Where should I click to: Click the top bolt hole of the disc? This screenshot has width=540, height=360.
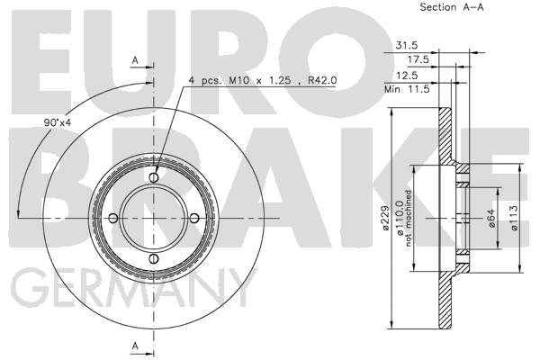[154, 177]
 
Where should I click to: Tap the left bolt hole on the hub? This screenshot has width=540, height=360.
[113, 218]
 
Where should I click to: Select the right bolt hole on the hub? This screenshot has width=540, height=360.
[194, 218]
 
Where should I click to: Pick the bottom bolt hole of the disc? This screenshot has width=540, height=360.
[154, 258]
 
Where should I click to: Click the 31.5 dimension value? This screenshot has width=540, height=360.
[407, 45]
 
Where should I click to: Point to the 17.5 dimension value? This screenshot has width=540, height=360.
[418, 59]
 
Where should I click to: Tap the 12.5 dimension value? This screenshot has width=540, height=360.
[407, 75]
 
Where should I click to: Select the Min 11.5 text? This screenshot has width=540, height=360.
[407, 90]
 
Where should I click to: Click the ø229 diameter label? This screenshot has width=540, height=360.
[384, 218]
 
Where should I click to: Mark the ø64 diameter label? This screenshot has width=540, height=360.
[491, 218]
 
